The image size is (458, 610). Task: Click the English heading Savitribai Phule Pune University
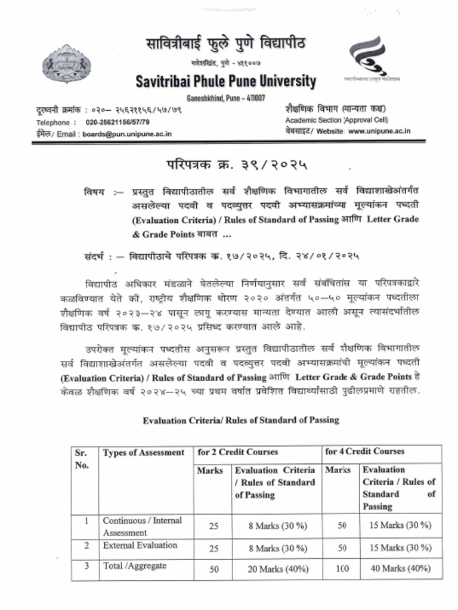(x=226, y=81)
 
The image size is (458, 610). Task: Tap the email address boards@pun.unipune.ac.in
(x=126, y=134)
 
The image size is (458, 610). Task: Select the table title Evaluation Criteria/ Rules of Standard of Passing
(x=240, y=420)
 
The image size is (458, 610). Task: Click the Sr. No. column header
(x=81, y=458)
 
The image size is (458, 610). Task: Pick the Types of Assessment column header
(x=143, y=453)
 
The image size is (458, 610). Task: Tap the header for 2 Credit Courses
(x=238, y=452)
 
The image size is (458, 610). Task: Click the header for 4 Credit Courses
(x=364, y=452)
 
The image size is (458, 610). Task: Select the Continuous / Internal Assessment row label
(x=142, y=526)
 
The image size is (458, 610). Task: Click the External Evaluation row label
(x=140, y=545)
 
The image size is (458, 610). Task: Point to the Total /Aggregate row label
(x=134, y=566)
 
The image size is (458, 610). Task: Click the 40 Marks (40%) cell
(x=400, y=568)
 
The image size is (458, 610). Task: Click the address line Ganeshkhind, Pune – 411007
(x=226, y=98)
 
